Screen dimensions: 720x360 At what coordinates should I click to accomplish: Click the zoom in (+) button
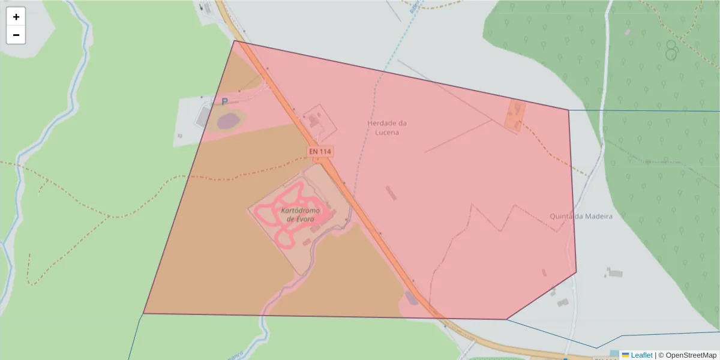pos(16,17)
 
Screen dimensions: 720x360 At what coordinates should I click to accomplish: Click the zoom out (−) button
pos(16,35)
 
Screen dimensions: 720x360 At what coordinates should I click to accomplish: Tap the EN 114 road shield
pos(320,152)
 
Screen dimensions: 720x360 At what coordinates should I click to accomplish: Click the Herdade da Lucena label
pos(383,127)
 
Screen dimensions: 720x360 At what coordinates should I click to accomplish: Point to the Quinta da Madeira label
pos(581,216)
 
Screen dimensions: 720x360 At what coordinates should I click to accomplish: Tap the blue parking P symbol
pos(224,102)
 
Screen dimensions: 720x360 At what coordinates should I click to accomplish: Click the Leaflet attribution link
pos(641,355)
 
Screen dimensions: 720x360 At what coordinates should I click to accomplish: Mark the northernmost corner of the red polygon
pos(235,41)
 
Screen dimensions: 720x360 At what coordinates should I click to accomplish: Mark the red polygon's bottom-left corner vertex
pos(144,313)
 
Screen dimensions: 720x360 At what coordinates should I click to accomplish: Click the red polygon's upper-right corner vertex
pos(568,110)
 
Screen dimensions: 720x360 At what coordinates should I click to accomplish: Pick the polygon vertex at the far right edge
pos(576,272)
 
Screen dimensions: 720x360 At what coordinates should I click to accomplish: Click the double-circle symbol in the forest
pos(671,50)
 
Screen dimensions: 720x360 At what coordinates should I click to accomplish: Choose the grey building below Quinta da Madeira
pos(614,273)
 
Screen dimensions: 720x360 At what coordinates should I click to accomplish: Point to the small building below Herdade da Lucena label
pos(391,193)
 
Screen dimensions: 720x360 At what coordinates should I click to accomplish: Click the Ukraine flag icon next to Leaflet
pos(626,355)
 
